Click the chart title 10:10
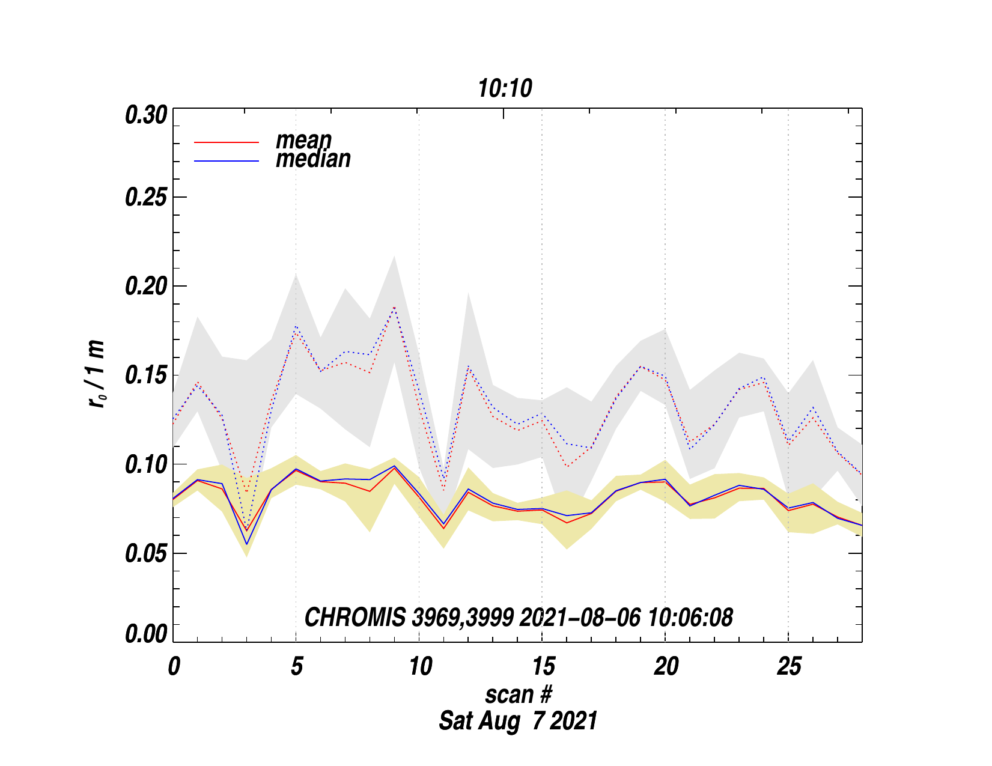(505, 89)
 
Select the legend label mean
(303, 140)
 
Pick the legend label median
(313, 159)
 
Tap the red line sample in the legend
(227, 142)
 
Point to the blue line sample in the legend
(227, 161)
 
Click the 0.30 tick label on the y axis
(145, 115)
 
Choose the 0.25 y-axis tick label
(145, 198)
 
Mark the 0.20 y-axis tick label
(145, 287)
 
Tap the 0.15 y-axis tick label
(145, 375)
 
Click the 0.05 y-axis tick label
(145, 553)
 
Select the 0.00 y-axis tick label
(145, 634)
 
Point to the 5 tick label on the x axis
(296, 666)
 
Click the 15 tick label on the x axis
(542, 666)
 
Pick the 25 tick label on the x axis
(788, 666)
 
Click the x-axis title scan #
(518, 695)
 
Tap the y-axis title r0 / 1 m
(96, 374)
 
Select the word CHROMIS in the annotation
(355, 618)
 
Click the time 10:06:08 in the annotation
(690, 618)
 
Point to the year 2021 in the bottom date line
(573, 720)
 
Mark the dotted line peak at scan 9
(394, 308)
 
